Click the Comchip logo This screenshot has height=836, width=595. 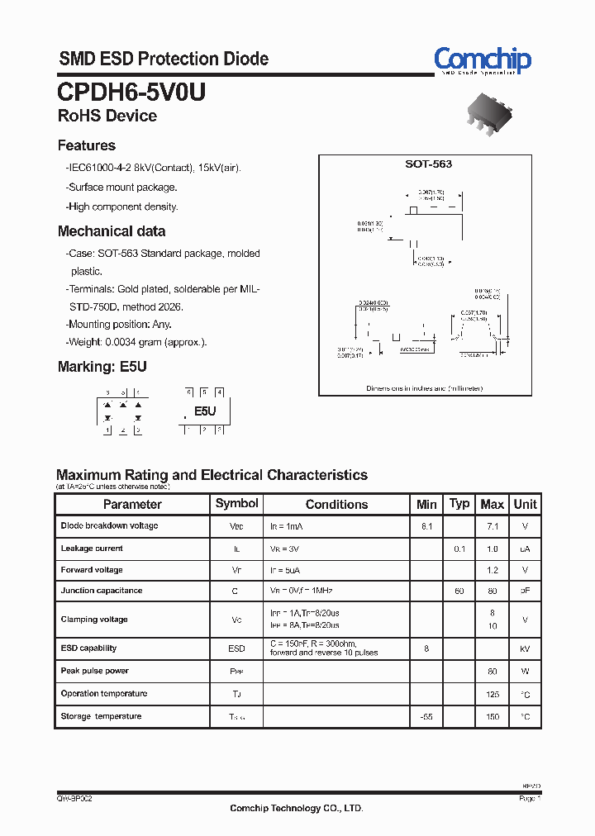[483, 59]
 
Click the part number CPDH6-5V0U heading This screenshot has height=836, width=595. [131, 92]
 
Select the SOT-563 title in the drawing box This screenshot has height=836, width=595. [428, 164]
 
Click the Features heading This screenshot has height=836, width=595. [86, 145]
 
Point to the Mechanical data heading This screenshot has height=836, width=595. [111, 231]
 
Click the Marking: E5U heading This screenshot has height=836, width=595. [102, 367]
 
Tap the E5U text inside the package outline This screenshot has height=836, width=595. [205, 411]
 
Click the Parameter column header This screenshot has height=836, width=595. [132, 504]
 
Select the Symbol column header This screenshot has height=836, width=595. [236, 503]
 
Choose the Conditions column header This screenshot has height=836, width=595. [336, 504]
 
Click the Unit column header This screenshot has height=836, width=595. [525, 504]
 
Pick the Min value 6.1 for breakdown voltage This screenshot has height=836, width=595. [426, 526]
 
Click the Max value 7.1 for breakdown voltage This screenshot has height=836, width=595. [493, 526]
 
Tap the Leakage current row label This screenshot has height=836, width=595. [92, 549]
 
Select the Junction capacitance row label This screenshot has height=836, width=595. [101, 591]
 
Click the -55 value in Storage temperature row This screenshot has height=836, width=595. [426, 717]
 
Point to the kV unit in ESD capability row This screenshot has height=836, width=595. [525, 649]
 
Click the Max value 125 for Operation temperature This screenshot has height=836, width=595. [493, 695]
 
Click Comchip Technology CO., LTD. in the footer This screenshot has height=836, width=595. [296, 808]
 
